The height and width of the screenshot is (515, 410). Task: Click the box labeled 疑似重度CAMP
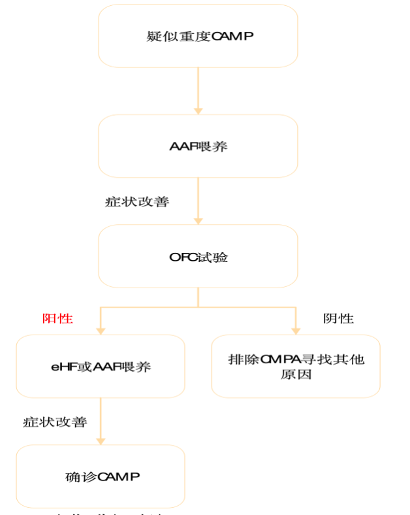(198, 36)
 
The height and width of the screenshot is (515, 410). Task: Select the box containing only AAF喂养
(198, 146)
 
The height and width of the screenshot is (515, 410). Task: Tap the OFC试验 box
(198, 257)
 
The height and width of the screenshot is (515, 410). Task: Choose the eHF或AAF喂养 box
(101, 367)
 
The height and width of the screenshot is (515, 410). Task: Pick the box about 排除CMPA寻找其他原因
(296, 367)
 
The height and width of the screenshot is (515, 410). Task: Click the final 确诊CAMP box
(101, 476)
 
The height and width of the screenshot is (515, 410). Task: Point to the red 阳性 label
(57, 319)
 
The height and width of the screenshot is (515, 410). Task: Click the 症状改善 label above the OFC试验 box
(137, 202)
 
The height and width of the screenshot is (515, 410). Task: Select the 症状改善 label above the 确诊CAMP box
(55, 422)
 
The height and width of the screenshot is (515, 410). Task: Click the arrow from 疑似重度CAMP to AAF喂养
(198, 91)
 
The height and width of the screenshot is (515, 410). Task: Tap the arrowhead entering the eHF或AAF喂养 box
(101, 330)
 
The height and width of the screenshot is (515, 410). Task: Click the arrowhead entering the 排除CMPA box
(296, 330)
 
